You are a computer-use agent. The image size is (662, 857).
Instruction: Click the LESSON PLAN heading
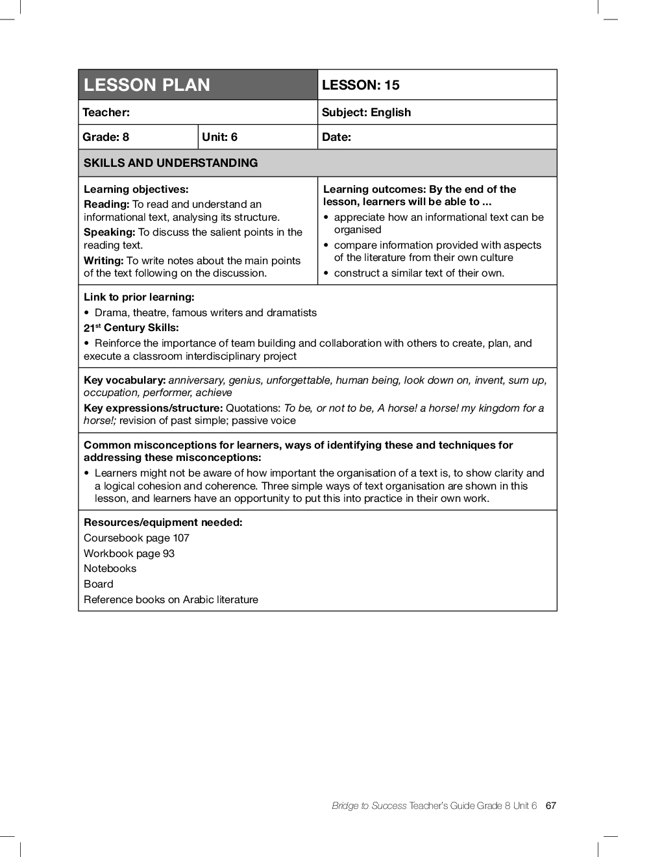147,85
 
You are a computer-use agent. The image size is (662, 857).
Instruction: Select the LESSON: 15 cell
361,85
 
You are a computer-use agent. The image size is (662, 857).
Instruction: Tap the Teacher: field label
106,112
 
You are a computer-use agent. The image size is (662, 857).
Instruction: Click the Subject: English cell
366,112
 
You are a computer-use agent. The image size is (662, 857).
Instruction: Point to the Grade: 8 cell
106,137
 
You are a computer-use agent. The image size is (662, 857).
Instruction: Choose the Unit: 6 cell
220,137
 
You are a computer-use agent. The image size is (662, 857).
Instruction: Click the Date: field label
336,137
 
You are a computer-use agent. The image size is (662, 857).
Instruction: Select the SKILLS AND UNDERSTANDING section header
171,163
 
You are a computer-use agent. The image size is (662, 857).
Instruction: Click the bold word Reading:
106,205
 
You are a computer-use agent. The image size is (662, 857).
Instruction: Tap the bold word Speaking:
109,232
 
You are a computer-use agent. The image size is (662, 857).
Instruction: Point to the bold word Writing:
104,260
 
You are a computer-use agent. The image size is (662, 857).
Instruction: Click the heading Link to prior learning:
139,297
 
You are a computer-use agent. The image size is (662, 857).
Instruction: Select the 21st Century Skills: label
131,328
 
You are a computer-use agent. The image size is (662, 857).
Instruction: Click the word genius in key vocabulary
244,380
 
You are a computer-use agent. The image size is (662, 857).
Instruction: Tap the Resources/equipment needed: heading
163,523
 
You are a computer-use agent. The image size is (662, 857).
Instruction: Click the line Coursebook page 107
136,538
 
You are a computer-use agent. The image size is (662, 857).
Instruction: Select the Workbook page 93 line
129,554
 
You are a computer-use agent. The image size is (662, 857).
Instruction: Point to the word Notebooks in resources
110,569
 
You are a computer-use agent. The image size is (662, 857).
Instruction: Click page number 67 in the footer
551,806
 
